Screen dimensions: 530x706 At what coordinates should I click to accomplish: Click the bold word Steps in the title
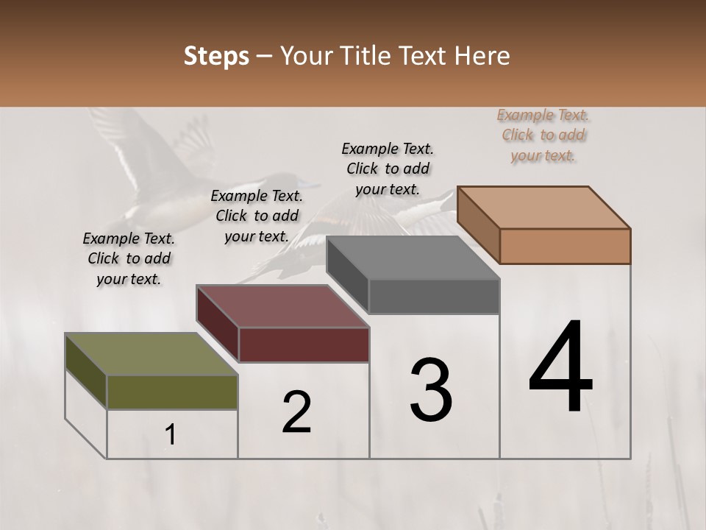pyautogui.click(x=216, y=56)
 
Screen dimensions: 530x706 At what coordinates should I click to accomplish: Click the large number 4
pyautogui.click(x=560, y=368)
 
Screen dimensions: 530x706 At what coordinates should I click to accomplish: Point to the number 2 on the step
pyautogui.click(x=296, y=412)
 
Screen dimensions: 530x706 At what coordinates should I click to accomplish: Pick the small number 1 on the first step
pyautogui.click(x=171, y=435)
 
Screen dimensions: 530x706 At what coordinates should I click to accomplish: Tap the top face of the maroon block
pyautogui.click(x=282, y=305)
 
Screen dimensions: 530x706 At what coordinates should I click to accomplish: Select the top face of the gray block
pyautogui.click(x=413, y=258)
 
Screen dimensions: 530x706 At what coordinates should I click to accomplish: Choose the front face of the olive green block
pyautogui.click(x=172, y=392)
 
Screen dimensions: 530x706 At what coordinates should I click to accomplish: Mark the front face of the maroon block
pyautogui.click(x=304, y=344)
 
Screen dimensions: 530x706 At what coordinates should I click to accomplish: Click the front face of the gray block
pyautogui.click(x=434, y=297)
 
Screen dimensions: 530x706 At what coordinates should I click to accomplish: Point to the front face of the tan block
pyautogui.click(x=565, y=246)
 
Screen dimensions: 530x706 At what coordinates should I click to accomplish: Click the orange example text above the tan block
pyautogui.click(x=543, y=135)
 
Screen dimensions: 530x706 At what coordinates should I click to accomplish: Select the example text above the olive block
pyautogui.click(x=129, y=258)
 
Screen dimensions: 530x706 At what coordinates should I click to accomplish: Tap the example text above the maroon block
pyautogui.click(x=257, y=216)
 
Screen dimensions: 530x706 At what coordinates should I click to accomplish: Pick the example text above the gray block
pyautogui.click(x=388, y=169)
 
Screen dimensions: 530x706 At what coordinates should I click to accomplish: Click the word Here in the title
pyautogui.click(x=483, y=56)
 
